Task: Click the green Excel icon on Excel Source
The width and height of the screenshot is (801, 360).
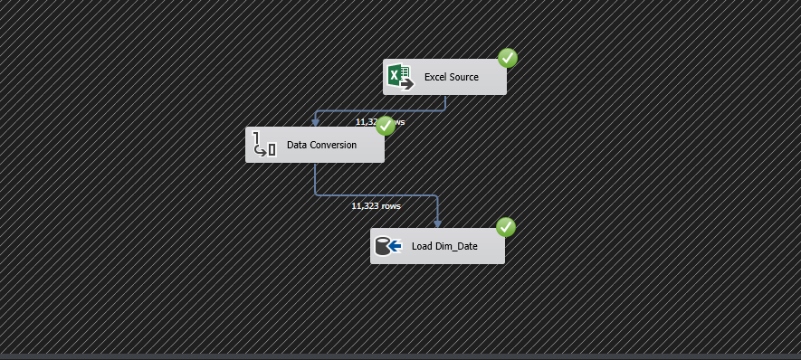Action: click(x=396, y=75)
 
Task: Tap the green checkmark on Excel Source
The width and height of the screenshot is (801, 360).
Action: click(x=508, y=59)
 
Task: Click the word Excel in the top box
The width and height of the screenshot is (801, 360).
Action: click(x=436, y=77)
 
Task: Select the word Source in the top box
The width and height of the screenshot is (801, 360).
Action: click(x=464, y=77)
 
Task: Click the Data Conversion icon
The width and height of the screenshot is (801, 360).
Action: click(x=263, y=144)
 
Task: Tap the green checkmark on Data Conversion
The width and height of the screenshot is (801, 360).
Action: click(x=386, y=126)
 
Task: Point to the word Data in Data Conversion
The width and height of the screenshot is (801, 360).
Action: click(x=298, y=145)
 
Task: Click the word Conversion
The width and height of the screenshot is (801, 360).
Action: click(x=334, y=145)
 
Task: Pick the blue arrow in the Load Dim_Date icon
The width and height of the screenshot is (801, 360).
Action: click(x=395, y=245)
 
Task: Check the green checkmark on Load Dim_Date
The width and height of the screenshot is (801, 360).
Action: click(x=506, y=227)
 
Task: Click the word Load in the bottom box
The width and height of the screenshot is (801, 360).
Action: click(x=423, y=246)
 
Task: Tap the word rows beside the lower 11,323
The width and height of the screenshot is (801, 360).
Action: click(x=391, y=205)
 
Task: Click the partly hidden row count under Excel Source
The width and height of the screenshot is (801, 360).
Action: click(x=366, y=121)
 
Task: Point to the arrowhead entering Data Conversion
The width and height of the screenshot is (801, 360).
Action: click(x=315, y=122)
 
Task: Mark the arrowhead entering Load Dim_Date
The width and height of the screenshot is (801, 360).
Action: click(x=437, y=223)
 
